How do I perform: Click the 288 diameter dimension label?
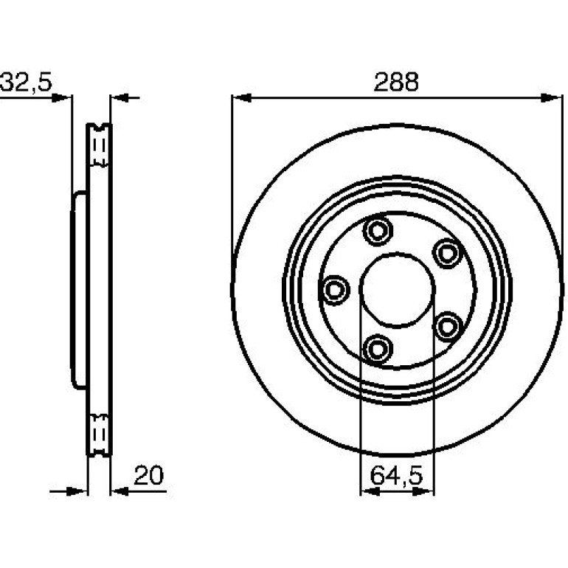point(396,82)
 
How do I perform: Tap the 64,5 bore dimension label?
point(396,475)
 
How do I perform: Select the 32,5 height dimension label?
point(26,82)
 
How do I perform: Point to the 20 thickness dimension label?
point(148,475)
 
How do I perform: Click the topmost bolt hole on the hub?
point(378,231)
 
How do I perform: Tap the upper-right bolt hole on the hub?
point(448,253)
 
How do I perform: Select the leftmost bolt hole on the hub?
point(334,290)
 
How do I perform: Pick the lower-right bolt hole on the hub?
point(448,327)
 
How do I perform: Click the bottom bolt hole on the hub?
point(378,349)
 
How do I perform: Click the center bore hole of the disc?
point(398,290)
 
